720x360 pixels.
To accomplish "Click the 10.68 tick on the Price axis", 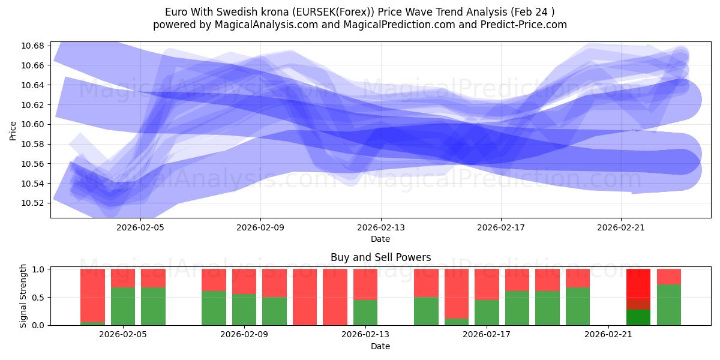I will tap(34, 46).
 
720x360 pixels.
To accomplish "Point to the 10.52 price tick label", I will tap(34, 203).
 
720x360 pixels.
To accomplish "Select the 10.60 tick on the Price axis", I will tap(34, 125).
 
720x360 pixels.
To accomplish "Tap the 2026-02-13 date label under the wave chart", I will tap(380, 227).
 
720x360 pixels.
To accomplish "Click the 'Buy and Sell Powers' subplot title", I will tap(380, 257).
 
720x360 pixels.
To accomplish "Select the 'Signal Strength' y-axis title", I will tap(23, 296).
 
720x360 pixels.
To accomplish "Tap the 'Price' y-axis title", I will tap(13, 130).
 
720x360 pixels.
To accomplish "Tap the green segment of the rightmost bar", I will tap(669, 305).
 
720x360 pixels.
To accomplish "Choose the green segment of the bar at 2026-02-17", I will tap(487, 312).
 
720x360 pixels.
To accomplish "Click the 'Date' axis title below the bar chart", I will tap(380, 346).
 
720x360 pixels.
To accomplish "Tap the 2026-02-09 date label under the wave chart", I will tap(260, 227).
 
